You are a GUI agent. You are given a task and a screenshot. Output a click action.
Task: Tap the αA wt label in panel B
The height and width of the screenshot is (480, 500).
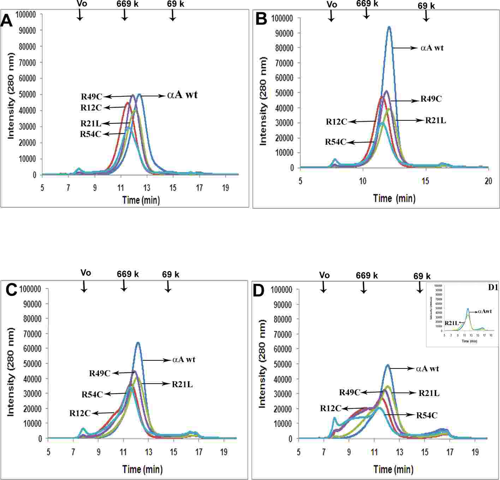(x=432, y=48)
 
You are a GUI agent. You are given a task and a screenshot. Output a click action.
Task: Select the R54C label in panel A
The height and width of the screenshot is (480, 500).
(x=90, y=134)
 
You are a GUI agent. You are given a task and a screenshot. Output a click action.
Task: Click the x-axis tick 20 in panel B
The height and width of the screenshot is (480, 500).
(x=488, y=181)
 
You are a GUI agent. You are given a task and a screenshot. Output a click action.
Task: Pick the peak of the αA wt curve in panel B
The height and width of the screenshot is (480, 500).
(x=389, y=27)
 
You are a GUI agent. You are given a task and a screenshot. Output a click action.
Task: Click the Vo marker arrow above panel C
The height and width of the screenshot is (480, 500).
(x=84, y=286)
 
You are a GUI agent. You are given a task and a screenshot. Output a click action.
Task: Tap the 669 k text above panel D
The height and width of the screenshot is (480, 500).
(x=367, y=276)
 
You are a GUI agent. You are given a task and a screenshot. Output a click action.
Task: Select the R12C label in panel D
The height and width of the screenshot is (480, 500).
(x=331, y=408)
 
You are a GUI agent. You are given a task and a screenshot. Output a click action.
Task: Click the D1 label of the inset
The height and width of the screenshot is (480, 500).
(x=493, y=287)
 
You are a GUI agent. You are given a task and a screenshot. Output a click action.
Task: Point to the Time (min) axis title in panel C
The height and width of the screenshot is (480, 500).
(x=142, y=469)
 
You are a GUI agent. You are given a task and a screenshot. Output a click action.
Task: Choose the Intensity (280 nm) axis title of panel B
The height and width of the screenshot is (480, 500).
(x=263, y=101)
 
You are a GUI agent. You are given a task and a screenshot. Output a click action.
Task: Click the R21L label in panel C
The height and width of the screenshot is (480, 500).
(x=182, y=384)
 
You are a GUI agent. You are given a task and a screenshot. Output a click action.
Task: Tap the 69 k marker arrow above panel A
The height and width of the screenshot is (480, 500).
(x=172, y=15)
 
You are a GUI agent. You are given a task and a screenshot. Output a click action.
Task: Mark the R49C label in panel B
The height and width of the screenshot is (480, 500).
(x=431, y=99)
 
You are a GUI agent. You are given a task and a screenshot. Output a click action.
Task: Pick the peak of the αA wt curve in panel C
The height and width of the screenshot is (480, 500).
(x=138, y=342)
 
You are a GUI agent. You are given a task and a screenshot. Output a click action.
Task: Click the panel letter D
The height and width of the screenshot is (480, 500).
(x=259, y=291)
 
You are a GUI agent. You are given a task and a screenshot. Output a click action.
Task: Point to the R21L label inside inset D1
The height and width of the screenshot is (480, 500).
(x=451, y=323)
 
